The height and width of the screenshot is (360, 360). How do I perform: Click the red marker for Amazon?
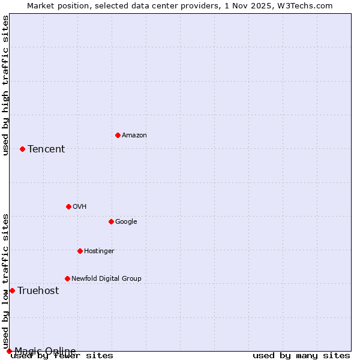pyautogui.click(x=118, y=135)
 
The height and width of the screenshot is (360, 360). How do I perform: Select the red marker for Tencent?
pyautogui.click(x=22, y=149)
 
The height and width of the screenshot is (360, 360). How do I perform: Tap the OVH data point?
pyautogui.click(x=68, y=206)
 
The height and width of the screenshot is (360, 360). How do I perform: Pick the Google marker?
pyautogui.click(x=111, y=221)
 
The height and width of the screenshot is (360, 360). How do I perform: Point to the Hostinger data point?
pyautogui.click(x=80, y=251)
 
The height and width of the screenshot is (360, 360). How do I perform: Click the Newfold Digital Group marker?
pyautogui.click(x=67, y=278)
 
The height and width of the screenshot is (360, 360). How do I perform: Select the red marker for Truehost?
pyautogui.click(x=12, y=290)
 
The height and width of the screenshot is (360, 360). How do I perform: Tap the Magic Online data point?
pyautogui.click(x=9, y=351)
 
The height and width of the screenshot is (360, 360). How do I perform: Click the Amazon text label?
pyautogui.click(x=134, y=136)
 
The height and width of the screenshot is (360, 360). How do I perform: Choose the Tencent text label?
pyautogui.click(x=46, y=149)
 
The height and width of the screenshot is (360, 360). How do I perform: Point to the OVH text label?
pyautogui.click(x=80, y=207)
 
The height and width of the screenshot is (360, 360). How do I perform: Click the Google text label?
pyautogui.click(x=126, y=222)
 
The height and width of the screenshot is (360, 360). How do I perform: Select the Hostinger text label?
pyautogui.click(x=99, y=251)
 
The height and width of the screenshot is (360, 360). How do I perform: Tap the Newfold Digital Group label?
pyautogui.click(x=106, y=279)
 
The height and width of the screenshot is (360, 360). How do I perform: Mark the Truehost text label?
pyautogui.click(x=38, y=291)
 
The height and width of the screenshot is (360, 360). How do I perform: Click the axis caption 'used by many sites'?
pyautogui.click(x=301, y=356)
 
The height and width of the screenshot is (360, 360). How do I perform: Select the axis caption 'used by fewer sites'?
pyautogui.click(x=62, y=356)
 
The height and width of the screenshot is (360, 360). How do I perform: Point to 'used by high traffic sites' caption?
pyautogui.click(x=5, y=85)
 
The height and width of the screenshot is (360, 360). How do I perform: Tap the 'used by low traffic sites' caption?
pyautogui.click(x=5, y=281)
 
